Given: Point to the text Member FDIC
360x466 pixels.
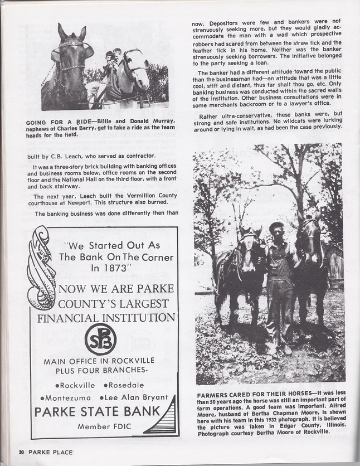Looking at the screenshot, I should tap(101, 426).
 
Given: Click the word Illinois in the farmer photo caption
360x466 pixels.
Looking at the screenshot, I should tap(332, 425).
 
